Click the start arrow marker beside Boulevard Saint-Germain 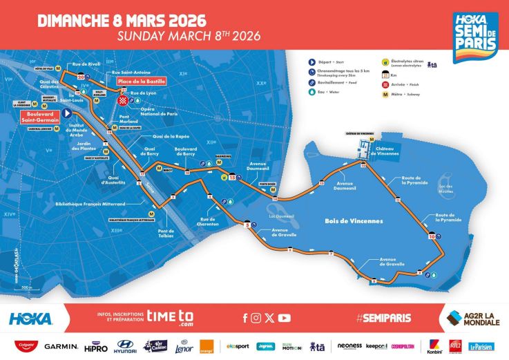67,113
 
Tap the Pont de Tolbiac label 166,233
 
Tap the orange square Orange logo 207,345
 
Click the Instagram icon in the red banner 256,318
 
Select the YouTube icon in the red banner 284,318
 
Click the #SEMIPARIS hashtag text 383,318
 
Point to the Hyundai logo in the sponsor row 126,345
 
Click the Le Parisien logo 481,346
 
